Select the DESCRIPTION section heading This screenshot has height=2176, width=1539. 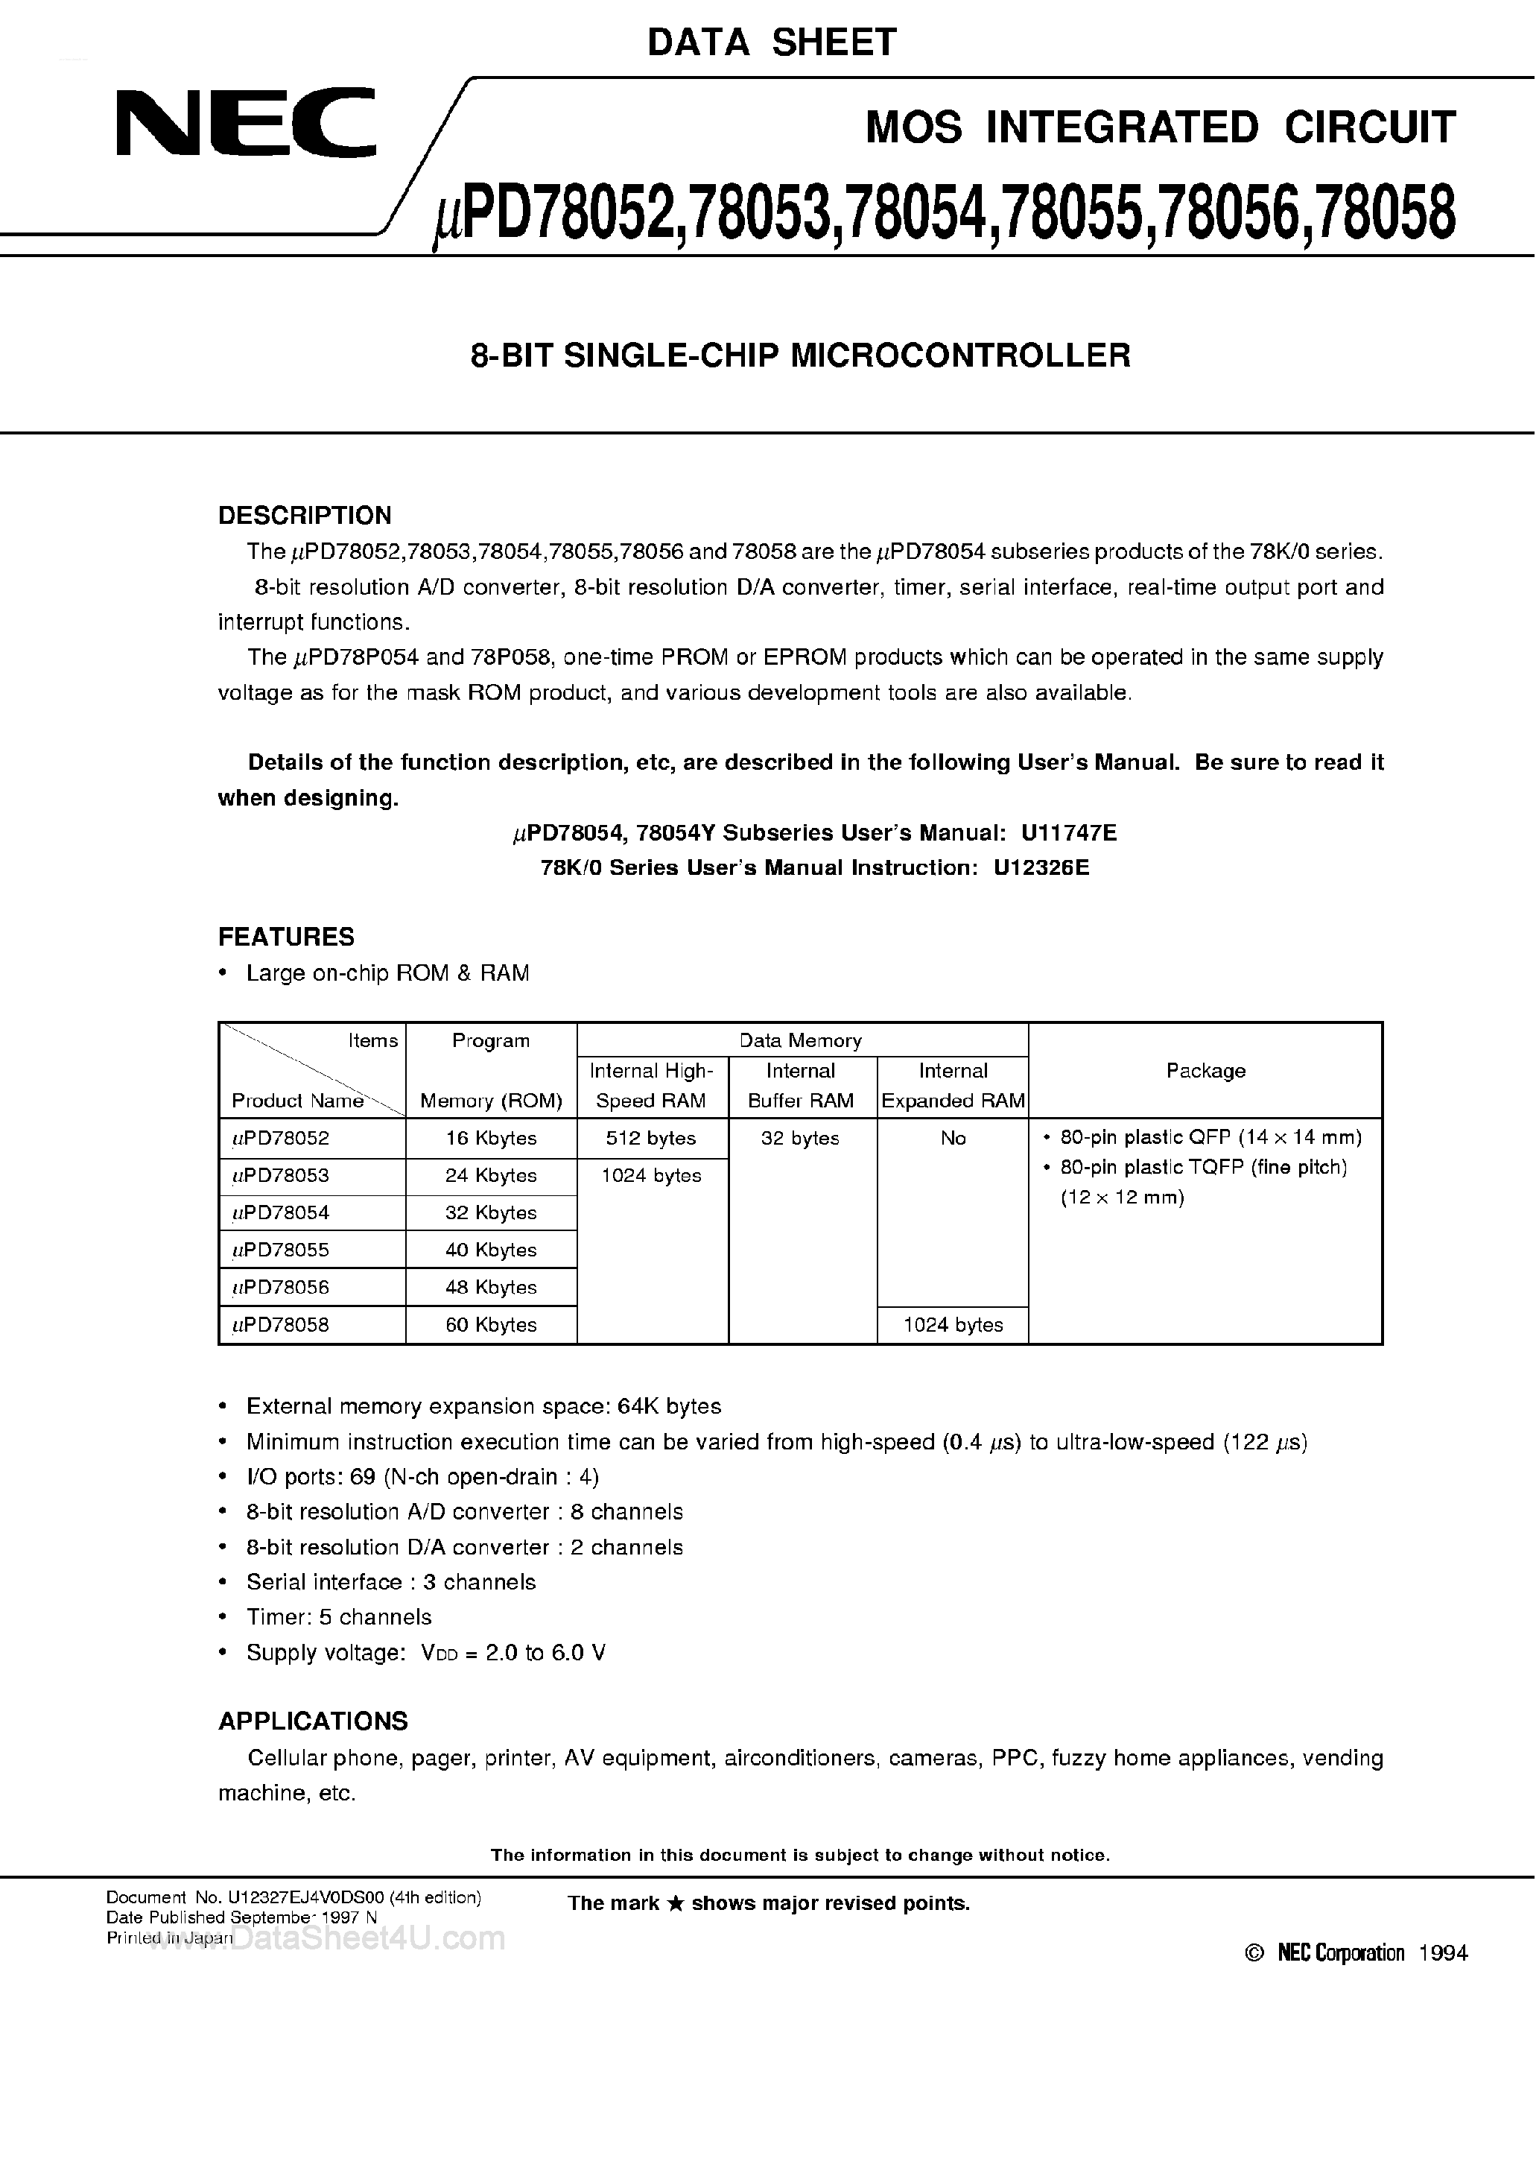click(x=304, y=516)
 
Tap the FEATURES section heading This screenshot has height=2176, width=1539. click(x=286, y=937)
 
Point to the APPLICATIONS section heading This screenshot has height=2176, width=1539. click(x=313, y=1721)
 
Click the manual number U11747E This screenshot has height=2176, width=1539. click(x=1068, y=833)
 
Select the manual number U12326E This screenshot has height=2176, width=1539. click(x=1041, y=868)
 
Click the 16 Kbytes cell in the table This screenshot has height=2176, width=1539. click(x=491, y=1138)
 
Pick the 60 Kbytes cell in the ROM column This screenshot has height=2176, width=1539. click(x=491, y=1325)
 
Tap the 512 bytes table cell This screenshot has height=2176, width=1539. click(x=651, y=1138)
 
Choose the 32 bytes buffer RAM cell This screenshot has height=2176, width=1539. click(x=801, y=1138)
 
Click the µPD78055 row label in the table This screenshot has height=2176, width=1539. click(x=282, y=1250)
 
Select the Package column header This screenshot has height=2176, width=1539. click(x=1205, y=1071)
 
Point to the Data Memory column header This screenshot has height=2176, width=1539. click(x=801, y=1040)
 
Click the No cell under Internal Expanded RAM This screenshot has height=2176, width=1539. click(x=953, y=1138)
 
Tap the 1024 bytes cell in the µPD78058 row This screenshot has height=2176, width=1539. click(x=953, y=1325)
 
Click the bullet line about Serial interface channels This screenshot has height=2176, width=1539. click(x=390, y=1582)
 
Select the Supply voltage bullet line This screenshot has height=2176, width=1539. click(x=425, y=1653)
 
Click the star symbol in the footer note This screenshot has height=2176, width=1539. click(x=676, y=1904)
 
